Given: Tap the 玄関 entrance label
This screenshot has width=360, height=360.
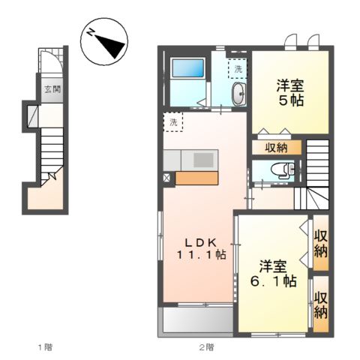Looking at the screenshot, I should pyautogui.click(x=52, y=90).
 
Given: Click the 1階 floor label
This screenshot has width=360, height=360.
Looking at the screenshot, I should pyautogui.click(x=44, y=347).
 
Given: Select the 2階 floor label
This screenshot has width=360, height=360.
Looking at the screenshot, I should pyautogui.click(x=206, y=347).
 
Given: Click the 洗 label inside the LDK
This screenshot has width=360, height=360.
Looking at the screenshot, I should pyautogui.click(x=172, y=121).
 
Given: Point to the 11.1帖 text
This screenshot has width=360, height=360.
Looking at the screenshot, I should pyautogui.click(x=201, y=255).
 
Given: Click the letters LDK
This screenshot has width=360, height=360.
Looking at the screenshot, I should pyautogui.click(x=200, y=241).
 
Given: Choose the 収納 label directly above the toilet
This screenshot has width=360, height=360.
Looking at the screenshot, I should pyautogui.click(x=276, y=147).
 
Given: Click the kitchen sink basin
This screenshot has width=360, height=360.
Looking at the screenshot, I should pyautogui.click(x=203, y=159).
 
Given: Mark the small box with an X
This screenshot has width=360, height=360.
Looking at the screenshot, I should pyautogui.click(x=167, y=178).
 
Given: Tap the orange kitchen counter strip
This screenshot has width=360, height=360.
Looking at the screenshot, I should pyautogui.click(x=197, y=178).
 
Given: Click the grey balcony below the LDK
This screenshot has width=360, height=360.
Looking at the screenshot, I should pyautogui.click(x=196, y=321).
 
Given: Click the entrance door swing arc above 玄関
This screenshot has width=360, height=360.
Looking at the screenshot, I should pyautogui.click(x=49, y=63).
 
